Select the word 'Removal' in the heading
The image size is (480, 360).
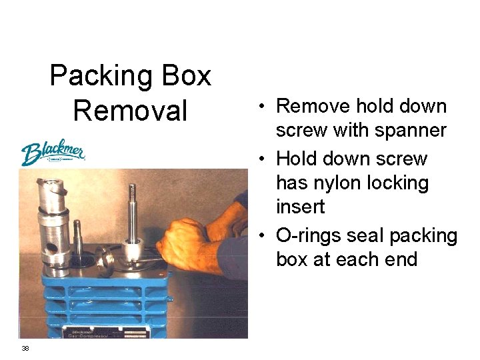[131, 110]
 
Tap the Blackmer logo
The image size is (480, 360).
[52, 153]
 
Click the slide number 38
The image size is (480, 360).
[25, 348]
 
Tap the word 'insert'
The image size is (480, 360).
[300, 207]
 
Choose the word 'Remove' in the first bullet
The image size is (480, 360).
[313, 106]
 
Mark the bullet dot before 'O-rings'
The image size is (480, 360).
[265, 236]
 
